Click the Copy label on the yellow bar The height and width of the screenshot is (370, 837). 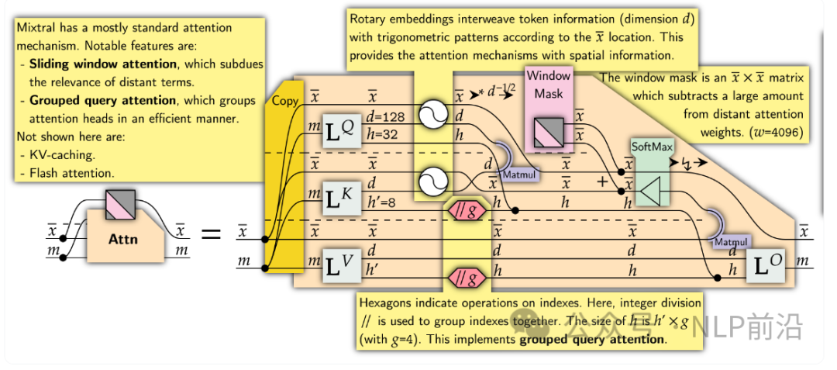click(284, 102)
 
